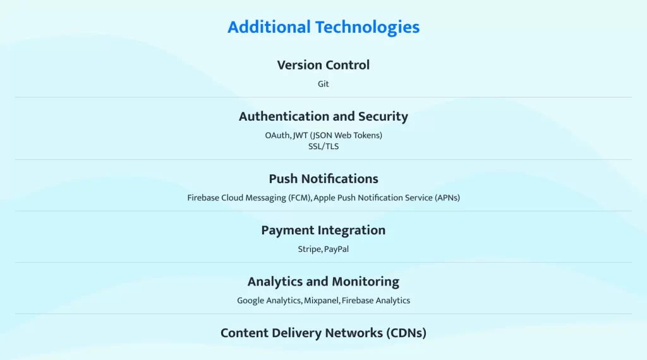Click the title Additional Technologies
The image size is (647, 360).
tap(323, 28)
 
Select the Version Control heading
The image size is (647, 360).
tap(323, 65)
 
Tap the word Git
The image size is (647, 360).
tap(323, 84)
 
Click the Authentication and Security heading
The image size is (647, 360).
tap(323, 117)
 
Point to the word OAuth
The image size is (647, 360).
tap(278, 135)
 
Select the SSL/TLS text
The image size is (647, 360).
tap(323, 147)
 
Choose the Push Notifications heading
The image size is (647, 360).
tap(323, 179)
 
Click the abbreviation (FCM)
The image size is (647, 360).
tap(300, 198)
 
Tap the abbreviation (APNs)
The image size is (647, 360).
tap(447, 198)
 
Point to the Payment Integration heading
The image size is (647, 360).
tap(323, 231)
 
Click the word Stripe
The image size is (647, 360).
tap(310, 249)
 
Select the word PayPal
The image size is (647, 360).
tap(336, 249)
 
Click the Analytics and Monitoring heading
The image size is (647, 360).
tap(323, 282)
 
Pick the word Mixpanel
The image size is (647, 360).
tap(322, 301)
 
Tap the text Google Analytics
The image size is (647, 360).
tap(269, 301)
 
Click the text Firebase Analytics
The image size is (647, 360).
tap(376, 301)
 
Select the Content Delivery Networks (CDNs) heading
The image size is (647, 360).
tap(323, 333)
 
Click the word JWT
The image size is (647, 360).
tap(300, 135)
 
